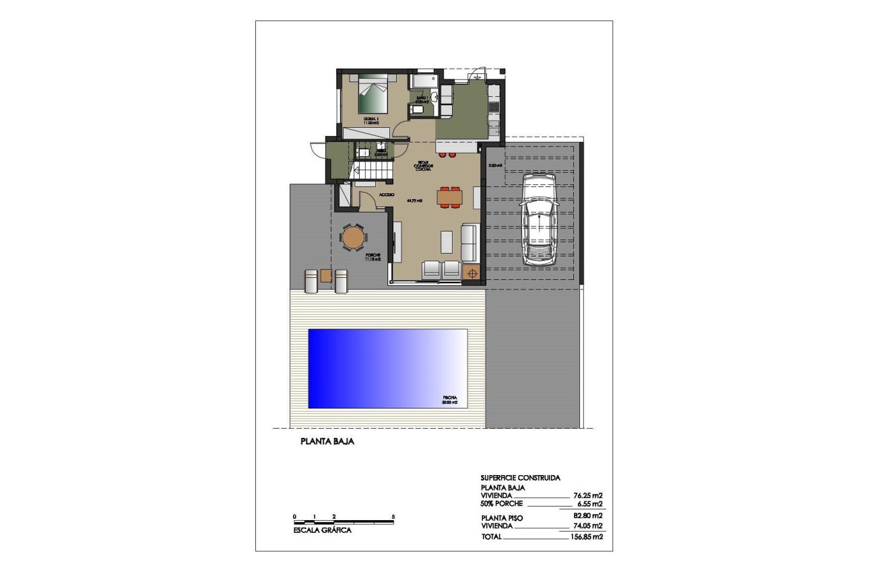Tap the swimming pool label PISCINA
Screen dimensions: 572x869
(x=450, y=399)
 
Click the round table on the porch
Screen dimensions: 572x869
(x=353, y=238)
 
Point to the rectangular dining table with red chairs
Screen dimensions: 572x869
(x=449, y=197)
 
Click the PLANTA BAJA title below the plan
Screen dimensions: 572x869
(x=327, y=443)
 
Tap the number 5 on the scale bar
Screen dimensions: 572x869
(x=393, y=517)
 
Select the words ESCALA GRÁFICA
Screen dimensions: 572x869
(x=322, y=530)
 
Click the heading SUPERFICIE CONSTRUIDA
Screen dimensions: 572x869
(x=521, y=477)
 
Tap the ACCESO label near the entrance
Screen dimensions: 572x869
(x=387, y=194)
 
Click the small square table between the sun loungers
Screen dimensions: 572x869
(x=326, y=276)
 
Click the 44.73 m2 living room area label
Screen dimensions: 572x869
(x=414, y=201)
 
